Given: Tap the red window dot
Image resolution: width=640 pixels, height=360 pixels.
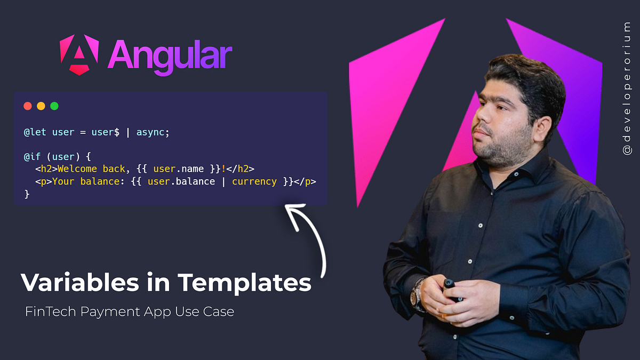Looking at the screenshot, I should [28, 106].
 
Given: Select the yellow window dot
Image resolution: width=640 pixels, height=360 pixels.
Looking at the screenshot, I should [41, 106].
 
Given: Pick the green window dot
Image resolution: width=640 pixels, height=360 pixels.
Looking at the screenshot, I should [54, 106].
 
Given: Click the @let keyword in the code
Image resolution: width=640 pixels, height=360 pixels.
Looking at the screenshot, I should [36, 132].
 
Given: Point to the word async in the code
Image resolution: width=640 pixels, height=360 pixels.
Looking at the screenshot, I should [153, 132].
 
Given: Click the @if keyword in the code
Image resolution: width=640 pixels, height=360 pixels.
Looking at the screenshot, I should [33, 157].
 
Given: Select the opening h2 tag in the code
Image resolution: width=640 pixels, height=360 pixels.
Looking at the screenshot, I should [46, 170].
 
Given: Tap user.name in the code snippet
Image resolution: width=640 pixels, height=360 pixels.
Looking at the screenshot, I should [179, 170].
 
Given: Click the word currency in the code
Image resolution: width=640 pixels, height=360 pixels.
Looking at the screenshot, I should [254, 182].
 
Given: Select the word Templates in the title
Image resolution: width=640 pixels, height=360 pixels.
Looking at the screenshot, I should [245, 282].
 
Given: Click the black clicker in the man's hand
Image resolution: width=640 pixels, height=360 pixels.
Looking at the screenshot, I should [449, 289].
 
